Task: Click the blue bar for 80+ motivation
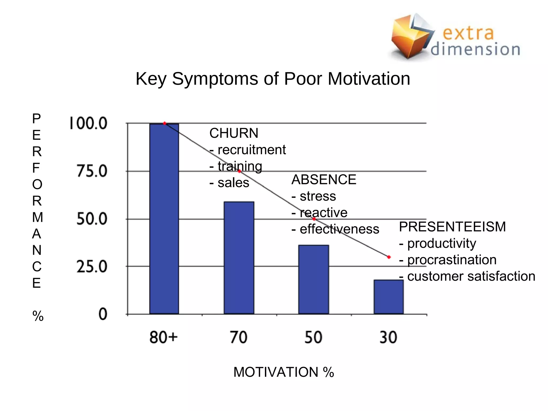tap(164, 219)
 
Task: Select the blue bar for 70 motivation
tap(239, 258)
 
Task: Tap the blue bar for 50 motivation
tap(314, 279)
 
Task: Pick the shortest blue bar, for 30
tap(389, 297)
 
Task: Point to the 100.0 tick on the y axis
tap(88, 123)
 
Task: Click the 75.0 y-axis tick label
tap(92, 171)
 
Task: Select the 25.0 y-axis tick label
tap(92, 267)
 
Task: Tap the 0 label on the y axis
tap(103, 314)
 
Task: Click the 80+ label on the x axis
tap(163, 337)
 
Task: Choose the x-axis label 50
tap(313, 337)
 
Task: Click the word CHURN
tap(234, 133)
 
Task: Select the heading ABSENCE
tap(324, 180)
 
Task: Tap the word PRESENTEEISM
tap(452, 227)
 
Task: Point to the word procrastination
tap(452, 260)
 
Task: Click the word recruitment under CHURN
tap(252, 150)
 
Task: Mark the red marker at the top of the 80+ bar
tap(165, 123)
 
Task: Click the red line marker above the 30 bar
tap(389, 257)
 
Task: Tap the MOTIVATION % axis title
tap(284, 372)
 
